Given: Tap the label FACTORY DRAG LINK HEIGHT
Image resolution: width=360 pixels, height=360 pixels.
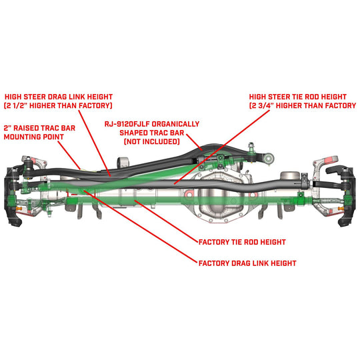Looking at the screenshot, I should pos(247,263).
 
